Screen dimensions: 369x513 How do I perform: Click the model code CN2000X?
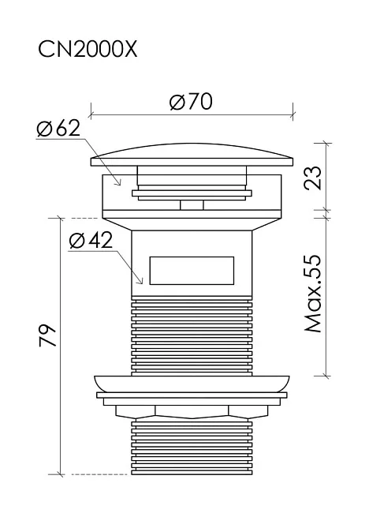[x=88, y=50]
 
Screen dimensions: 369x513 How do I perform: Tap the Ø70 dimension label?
[x=191, y=102]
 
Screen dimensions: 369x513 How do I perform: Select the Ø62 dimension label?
[x=58, y=128]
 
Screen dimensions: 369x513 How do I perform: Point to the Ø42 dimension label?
[x=91, y=241]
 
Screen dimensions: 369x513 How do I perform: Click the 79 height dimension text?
[x=48, y=335]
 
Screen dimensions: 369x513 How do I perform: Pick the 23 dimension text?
[x=313, y=178]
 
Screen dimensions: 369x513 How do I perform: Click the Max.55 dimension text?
[x=313, y=294]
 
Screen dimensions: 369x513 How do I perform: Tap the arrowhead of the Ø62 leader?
[x=119, y=183]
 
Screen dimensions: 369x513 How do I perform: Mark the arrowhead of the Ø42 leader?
[x=140, y=282]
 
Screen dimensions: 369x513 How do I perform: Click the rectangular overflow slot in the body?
[x=192, y=271]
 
